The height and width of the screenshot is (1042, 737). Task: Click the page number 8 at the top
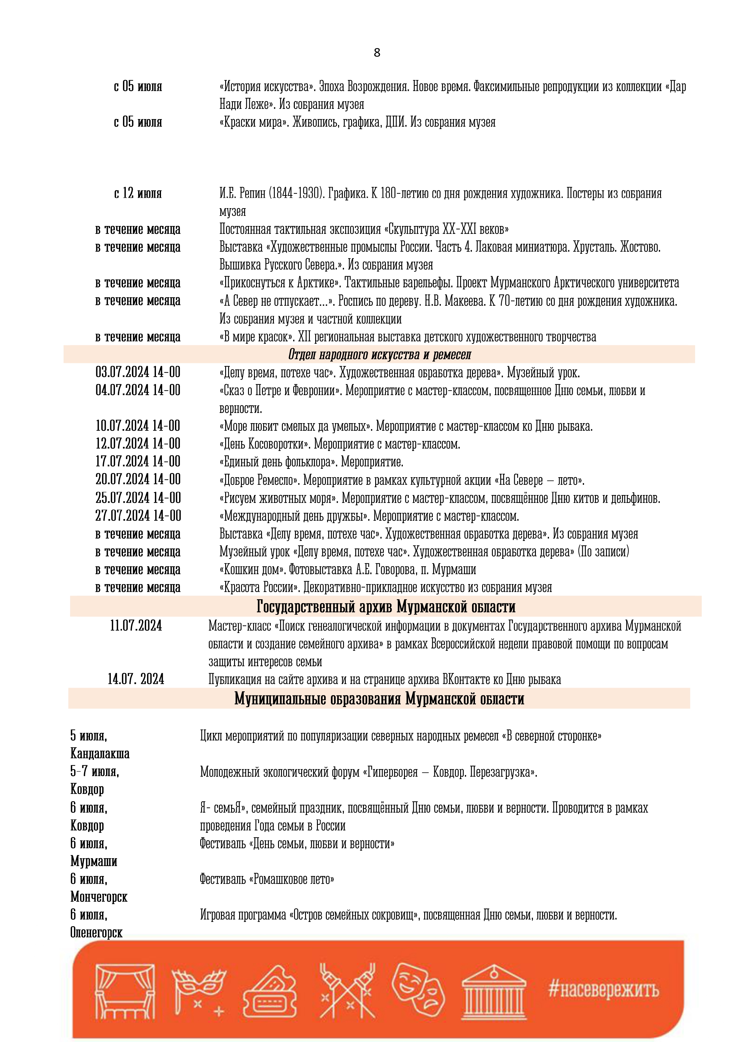[x=376, y=53]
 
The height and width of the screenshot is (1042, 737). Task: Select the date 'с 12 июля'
[x=138, y=193]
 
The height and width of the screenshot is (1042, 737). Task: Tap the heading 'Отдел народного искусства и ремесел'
[x=380, y=355]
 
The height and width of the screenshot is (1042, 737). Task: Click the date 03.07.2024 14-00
[x=138, y=372]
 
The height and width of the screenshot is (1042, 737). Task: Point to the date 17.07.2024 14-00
[x=138, y=461]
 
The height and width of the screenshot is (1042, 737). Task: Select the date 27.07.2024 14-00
[x=138, y=516]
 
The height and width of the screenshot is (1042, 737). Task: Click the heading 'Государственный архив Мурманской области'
[x=386, y=606]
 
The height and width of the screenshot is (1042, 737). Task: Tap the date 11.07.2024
[x=136, y=626]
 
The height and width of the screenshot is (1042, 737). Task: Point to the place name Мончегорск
[x=99, y=897]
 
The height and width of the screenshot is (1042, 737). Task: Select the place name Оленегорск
[x=96, y=933]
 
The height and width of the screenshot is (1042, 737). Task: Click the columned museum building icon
[x=494, y=992]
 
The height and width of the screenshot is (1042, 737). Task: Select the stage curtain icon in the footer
[x=124, y=992]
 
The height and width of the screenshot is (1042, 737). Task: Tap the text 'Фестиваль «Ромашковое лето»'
[x=267, y=879]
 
